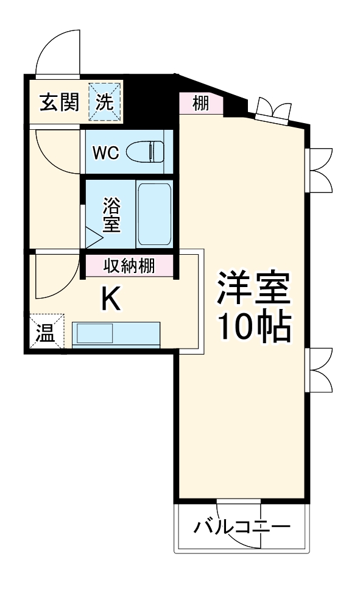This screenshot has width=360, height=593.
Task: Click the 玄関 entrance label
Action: [59, 102]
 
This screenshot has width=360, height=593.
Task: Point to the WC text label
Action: [105, 152]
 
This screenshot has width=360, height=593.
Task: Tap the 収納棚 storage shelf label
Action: [129, 266]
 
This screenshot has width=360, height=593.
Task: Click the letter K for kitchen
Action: [110, 299]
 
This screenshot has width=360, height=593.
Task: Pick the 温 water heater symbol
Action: [44, 333]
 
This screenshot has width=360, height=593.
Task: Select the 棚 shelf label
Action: [200, 103]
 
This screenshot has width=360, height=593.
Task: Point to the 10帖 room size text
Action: [254, 327]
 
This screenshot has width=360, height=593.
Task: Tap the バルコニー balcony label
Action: [241, 526]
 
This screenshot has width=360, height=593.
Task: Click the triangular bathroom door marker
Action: [93, 236]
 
